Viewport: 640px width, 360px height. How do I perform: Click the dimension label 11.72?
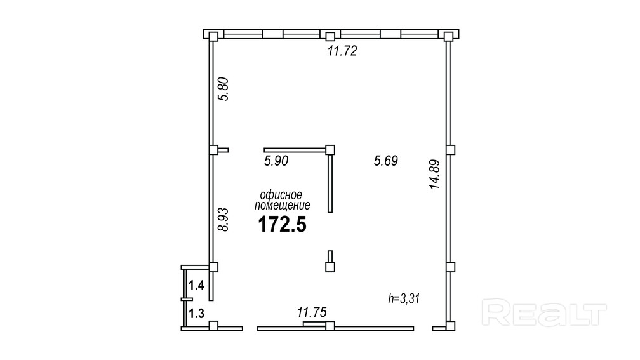[x=342, y=51]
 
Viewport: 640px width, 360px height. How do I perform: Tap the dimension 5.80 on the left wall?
[x=223, y=89]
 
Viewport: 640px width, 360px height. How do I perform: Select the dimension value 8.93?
[x=223, y=220]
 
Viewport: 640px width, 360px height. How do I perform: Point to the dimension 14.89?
[x=435, y=174]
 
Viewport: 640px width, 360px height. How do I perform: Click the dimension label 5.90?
[x=276, y=161]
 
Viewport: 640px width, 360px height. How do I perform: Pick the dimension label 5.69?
[x=386, y=161]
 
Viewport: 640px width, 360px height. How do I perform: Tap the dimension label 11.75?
[x=312, y=312]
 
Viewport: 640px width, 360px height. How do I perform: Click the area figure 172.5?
[x=282, y=225]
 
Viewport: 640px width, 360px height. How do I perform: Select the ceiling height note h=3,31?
[x=404, y=299]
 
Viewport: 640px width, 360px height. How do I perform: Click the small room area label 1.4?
[x=196, y=285]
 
